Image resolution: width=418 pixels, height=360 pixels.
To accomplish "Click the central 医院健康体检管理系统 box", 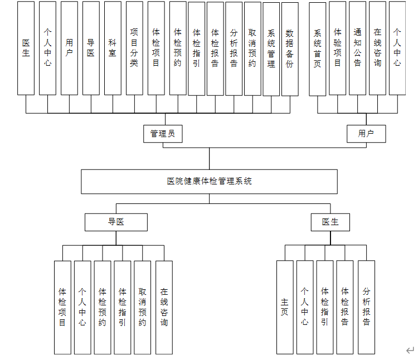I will point(209,181).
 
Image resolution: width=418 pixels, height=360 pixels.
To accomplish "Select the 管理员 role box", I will point(163,134).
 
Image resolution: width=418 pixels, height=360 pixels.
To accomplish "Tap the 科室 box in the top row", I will point(113,48).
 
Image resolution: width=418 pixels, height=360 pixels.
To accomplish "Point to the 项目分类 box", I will point(134,48).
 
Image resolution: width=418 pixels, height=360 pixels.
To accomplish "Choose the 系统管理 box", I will point(271,50).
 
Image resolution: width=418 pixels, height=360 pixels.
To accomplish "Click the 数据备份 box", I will point(290,50).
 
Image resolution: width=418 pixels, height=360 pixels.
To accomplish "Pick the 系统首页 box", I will point(317,48).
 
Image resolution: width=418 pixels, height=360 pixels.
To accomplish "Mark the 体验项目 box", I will point(337,48).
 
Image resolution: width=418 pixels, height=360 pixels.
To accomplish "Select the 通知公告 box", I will point(357,48).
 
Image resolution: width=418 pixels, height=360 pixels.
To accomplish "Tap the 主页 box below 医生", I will point(285,307).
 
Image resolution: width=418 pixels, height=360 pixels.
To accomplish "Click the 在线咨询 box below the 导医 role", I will point(164,307).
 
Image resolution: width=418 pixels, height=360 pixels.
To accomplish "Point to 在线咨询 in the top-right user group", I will point(377,48).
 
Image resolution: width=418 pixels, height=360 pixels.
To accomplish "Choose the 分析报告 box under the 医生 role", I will point(366,307).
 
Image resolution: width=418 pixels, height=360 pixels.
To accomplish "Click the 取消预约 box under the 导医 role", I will point(143,307).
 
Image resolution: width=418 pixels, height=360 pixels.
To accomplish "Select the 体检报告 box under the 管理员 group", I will point(215,48).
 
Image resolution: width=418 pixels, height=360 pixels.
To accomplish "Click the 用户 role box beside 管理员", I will point(366,134).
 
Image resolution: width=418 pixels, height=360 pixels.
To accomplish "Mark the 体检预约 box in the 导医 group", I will point(103,307).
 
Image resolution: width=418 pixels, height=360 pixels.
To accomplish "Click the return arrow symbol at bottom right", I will point(410,350).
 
